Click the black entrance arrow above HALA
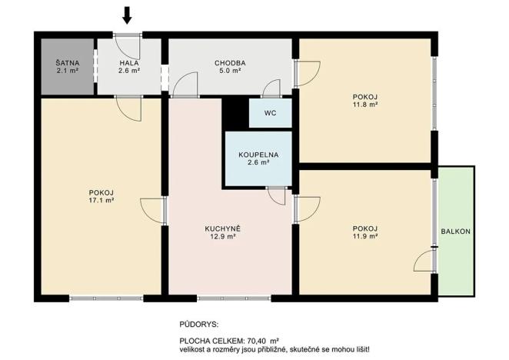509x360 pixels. (128, 15)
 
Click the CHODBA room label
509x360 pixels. (230, 63)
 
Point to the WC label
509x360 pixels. (270, 112)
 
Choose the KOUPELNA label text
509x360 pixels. (258, 154)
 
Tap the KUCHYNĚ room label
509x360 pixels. (223, 228)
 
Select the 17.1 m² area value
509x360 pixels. (101, 200)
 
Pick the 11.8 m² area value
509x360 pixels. (365, 105)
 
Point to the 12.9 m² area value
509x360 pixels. (223, 237)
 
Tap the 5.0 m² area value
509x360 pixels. (230, 72)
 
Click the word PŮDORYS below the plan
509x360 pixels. (199, 325)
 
